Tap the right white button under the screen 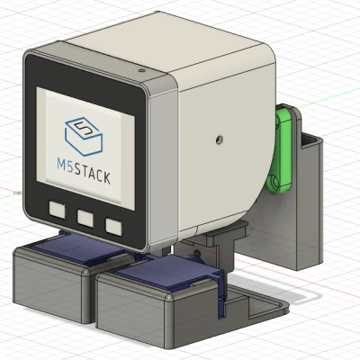click(114, 226)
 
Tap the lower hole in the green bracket click(275, 183)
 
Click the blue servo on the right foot click(171, 274)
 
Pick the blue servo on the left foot click(76, 247)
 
